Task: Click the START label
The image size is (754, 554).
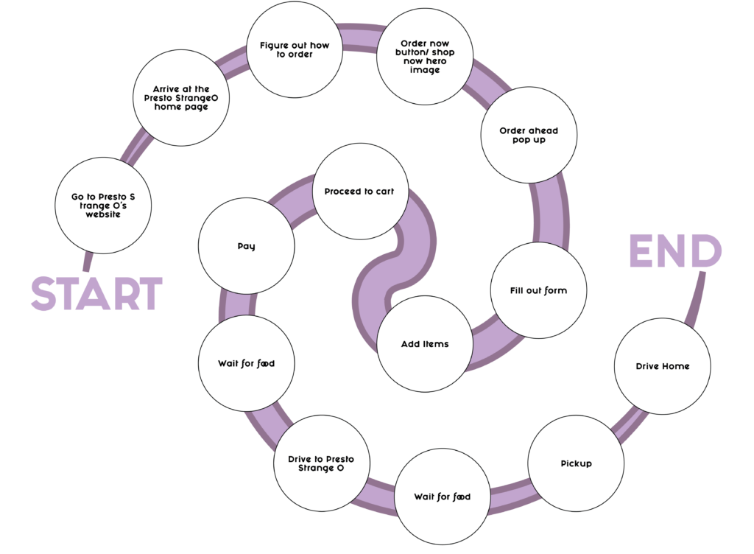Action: pos(96,293)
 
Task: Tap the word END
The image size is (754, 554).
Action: pos(675,252)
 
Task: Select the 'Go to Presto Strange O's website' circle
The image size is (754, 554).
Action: pos(103,206)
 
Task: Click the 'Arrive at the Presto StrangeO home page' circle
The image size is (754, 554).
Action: pos(181,97)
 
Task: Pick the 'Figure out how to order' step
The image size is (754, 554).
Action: pos(295,50)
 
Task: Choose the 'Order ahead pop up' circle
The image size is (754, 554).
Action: pos(529,136)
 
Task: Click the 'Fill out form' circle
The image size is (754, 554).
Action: pos(538,290)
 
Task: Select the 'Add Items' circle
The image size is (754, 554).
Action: pos(424,344)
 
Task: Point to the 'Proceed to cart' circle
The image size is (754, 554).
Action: pos(359,192)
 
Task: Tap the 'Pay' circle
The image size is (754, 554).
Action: pos(247,246)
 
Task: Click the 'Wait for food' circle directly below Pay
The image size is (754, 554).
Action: pos(246,363)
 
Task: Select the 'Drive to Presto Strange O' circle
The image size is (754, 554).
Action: pos(320,463)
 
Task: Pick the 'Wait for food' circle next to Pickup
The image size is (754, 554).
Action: pos(442,497)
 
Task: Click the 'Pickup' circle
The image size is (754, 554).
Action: pos(576,463)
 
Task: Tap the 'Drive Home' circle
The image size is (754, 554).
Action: pos(662,366)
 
